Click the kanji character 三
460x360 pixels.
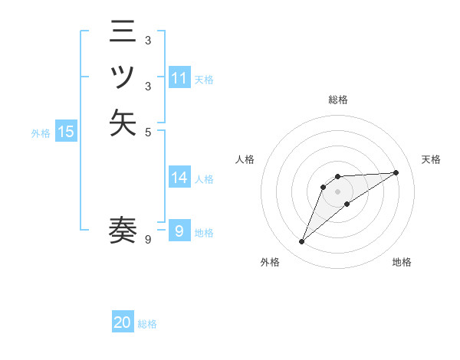click(x=123, y=33)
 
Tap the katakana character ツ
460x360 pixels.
click(x=123, y=77)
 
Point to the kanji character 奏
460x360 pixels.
click(x=123, y=231)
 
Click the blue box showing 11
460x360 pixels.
click(x=179, y=78)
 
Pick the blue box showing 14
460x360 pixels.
click(x=179, y=178)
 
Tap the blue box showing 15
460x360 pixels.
click(x=66, y=132)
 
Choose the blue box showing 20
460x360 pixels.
click(x=123, y=323)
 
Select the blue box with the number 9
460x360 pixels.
click(x=179, y=231)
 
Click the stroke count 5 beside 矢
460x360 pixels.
click(x=148, y=132)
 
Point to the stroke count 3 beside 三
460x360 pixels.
click(x=148, y=41)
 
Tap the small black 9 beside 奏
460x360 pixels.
click(x=148, y=240)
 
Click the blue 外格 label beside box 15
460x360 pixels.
click(x=41, y=133)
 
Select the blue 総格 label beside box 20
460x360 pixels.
click(x=147, y=324)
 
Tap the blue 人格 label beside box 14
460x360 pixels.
click(x=204, y=178)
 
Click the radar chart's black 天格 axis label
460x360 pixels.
click(x=431, y=159)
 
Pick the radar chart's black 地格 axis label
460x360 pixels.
click(x=402, y=262)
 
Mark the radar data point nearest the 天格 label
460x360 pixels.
click(x=396, y=172)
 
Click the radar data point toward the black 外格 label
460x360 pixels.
click(x=301, y=242)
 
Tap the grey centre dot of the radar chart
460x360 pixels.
click(x=337, y=191)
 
